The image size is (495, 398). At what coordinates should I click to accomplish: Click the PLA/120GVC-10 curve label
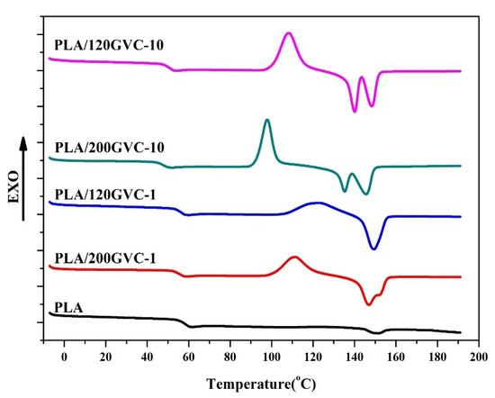click(109, 45)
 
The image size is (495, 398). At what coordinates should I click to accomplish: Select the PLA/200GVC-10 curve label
click(110, 148)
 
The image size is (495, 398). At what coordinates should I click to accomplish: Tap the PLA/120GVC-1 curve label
click(105, 194)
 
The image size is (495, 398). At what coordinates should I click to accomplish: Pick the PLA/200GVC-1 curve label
click(105, 258)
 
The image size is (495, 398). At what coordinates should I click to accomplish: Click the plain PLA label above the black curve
click(68, 307)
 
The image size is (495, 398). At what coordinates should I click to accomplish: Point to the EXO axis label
click(13, 187)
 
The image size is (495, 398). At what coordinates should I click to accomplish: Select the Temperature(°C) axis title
click(261, 384)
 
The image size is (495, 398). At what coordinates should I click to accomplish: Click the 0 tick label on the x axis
click(64, 357)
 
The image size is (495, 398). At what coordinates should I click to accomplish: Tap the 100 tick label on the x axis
click(271, 357)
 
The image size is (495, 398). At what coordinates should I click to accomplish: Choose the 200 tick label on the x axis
click(479, 357)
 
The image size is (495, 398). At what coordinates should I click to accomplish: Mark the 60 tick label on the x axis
click(188, 357)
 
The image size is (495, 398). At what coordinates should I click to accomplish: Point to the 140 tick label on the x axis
click(355, 357)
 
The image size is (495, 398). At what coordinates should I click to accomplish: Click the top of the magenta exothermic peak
click(288, 32)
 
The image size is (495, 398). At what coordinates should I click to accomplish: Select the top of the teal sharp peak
click(267, 120)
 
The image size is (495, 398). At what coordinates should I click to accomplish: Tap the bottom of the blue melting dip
click(373, 249)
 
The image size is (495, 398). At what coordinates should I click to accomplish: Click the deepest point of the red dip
click(368, 304)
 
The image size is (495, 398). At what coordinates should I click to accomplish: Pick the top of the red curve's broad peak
click(295, 257)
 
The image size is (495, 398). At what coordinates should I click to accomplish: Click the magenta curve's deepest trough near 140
click(355, 111)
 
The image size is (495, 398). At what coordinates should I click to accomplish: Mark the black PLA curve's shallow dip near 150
click(377, 333)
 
